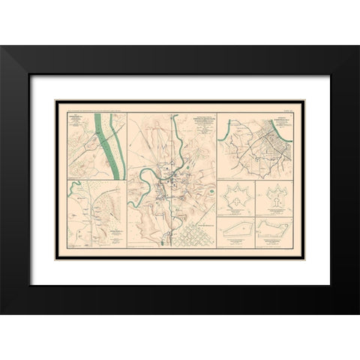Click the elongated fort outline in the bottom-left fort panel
tap(235, 229)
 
